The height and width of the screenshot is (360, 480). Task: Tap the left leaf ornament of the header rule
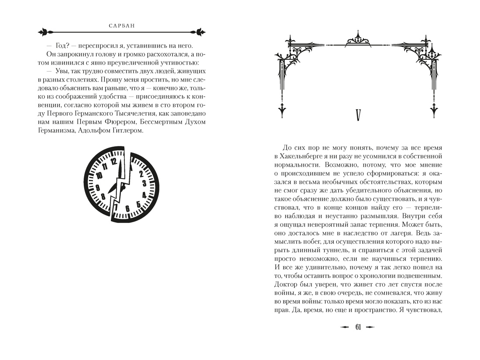tap(45, 32)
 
